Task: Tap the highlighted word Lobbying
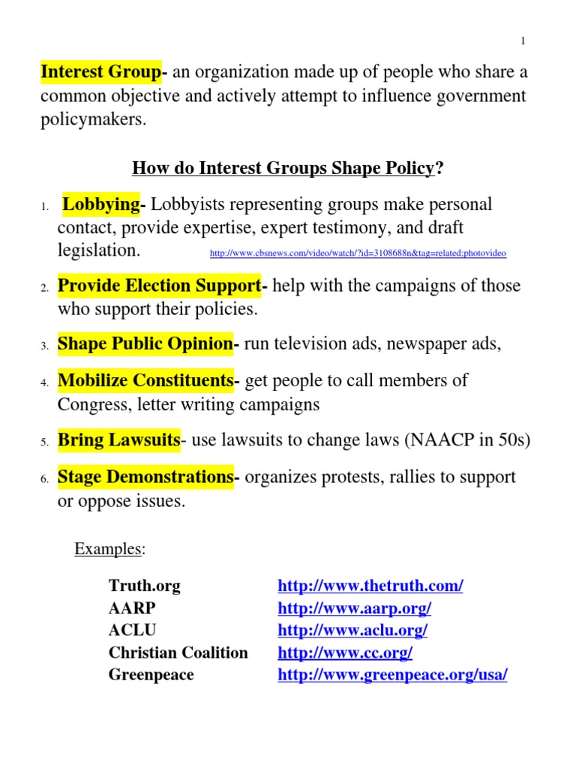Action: (x=102, y=204)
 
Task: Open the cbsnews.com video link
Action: (x=358, y=253)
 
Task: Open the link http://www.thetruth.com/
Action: (x=370, y=586)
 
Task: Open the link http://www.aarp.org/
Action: (x=355, y=608)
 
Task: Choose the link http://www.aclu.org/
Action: (x=352, y=631)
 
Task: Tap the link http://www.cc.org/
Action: (x=345, y=653)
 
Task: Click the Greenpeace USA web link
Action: (x=392, y=675)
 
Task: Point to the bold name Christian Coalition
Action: (x=178, y=652)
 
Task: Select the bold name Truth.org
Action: (x=145, y=585)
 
